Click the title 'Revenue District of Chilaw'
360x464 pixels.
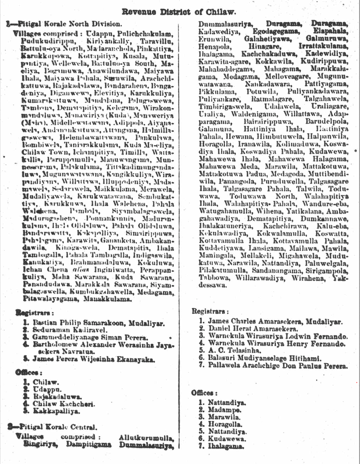179,12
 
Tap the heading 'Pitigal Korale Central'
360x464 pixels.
57,427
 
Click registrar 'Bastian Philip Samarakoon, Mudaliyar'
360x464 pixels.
98,323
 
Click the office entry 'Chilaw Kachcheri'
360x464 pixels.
64,404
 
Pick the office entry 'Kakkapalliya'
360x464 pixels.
56,411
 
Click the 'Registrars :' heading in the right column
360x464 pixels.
210,311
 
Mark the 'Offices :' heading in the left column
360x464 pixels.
29,373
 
